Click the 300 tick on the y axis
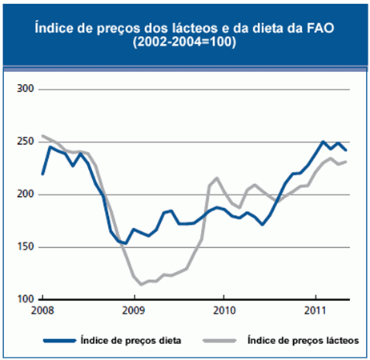click(x=26, y=89)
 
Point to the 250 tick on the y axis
click(x=26, y=142)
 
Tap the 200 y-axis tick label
click(x=26, y=194)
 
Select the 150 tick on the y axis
click(x=26, y=247)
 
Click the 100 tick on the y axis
click(x=26, y=299)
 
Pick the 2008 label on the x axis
click(x=42, y=309)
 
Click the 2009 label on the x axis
click(x=134, y=309)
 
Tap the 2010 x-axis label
click(x=224, y=309)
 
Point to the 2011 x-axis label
click(x=315, y=309)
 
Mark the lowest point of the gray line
click(x=142, y=284)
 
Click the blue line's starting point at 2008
click(x=42, y=174)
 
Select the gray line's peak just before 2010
click(x=217, y=178)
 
